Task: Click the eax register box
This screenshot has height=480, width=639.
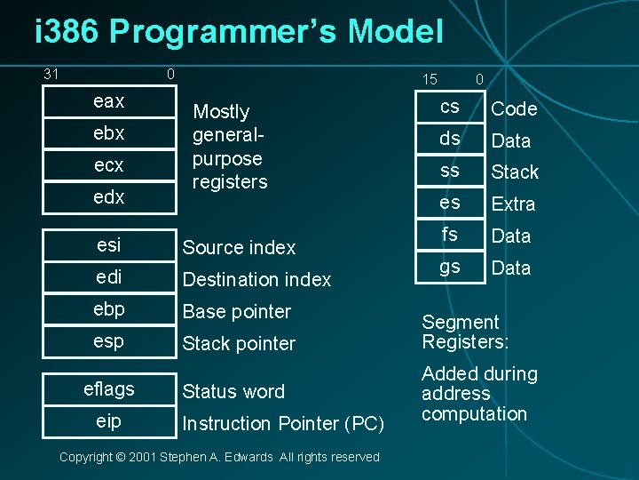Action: (108, 101)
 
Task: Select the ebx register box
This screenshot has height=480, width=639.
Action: (108, 133)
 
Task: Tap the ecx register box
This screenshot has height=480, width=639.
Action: (108, 165)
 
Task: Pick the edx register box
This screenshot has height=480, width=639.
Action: (108, 197)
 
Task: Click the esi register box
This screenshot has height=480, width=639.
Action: (108, 245)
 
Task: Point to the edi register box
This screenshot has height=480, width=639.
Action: (108, 277)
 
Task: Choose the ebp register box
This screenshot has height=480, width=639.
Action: (108, 309)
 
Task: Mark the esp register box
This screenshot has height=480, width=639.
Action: (108, 341)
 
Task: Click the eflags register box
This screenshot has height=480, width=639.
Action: (108, 389)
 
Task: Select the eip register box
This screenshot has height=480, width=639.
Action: (108, 421)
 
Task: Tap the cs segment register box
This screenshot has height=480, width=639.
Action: (450, 107)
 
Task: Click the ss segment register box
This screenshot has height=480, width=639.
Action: (450, 171)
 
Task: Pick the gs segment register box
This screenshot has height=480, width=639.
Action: (450, 267)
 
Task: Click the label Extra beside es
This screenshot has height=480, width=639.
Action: (514, 204)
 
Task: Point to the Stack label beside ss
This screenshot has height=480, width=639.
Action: (516, 172)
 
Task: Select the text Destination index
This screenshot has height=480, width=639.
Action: (256, 280)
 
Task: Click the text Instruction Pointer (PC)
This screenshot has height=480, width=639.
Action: (283, 424)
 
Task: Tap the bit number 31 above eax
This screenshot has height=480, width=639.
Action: (51, 74)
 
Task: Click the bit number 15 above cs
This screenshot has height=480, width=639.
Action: (430, 79)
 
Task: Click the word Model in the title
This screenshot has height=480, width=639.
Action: (395, 32)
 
